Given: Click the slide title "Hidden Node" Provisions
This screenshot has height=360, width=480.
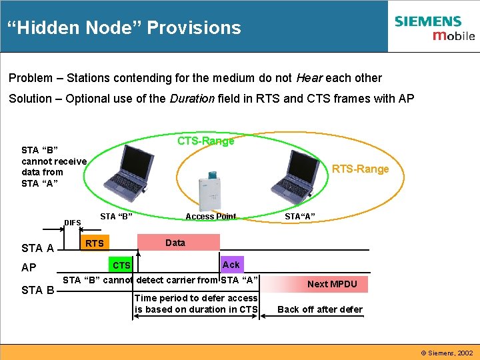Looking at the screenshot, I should (x=124, y=28).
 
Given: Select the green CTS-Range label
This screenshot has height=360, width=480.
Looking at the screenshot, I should (x=205, y=141).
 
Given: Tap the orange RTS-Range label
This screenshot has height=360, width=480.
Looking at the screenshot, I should (x=360, y=169).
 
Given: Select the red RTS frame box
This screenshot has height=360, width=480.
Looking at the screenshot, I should (x=95, y=243).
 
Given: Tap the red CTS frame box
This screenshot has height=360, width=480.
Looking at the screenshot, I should (x=121, y=265).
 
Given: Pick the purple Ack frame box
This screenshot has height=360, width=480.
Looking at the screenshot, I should (x=231, y=265).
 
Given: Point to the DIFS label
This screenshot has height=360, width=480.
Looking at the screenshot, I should (x=73, y=223).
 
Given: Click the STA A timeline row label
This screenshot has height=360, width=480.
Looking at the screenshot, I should (x=37, y=249).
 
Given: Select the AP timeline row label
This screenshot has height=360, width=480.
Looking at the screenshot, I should (x=29, y=268).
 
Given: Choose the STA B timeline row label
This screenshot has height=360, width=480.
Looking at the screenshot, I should (x=37, y=290).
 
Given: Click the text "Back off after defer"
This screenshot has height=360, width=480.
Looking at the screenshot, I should (x=320, y=309).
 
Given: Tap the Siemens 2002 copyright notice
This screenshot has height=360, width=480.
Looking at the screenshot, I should (x=447, y=352).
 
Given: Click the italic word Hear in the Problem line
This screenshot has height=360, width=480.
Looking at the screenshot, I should (x=309, y=78).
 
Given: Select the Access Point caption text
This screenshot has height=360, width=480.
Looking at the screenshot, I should (x=211, y=216).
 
